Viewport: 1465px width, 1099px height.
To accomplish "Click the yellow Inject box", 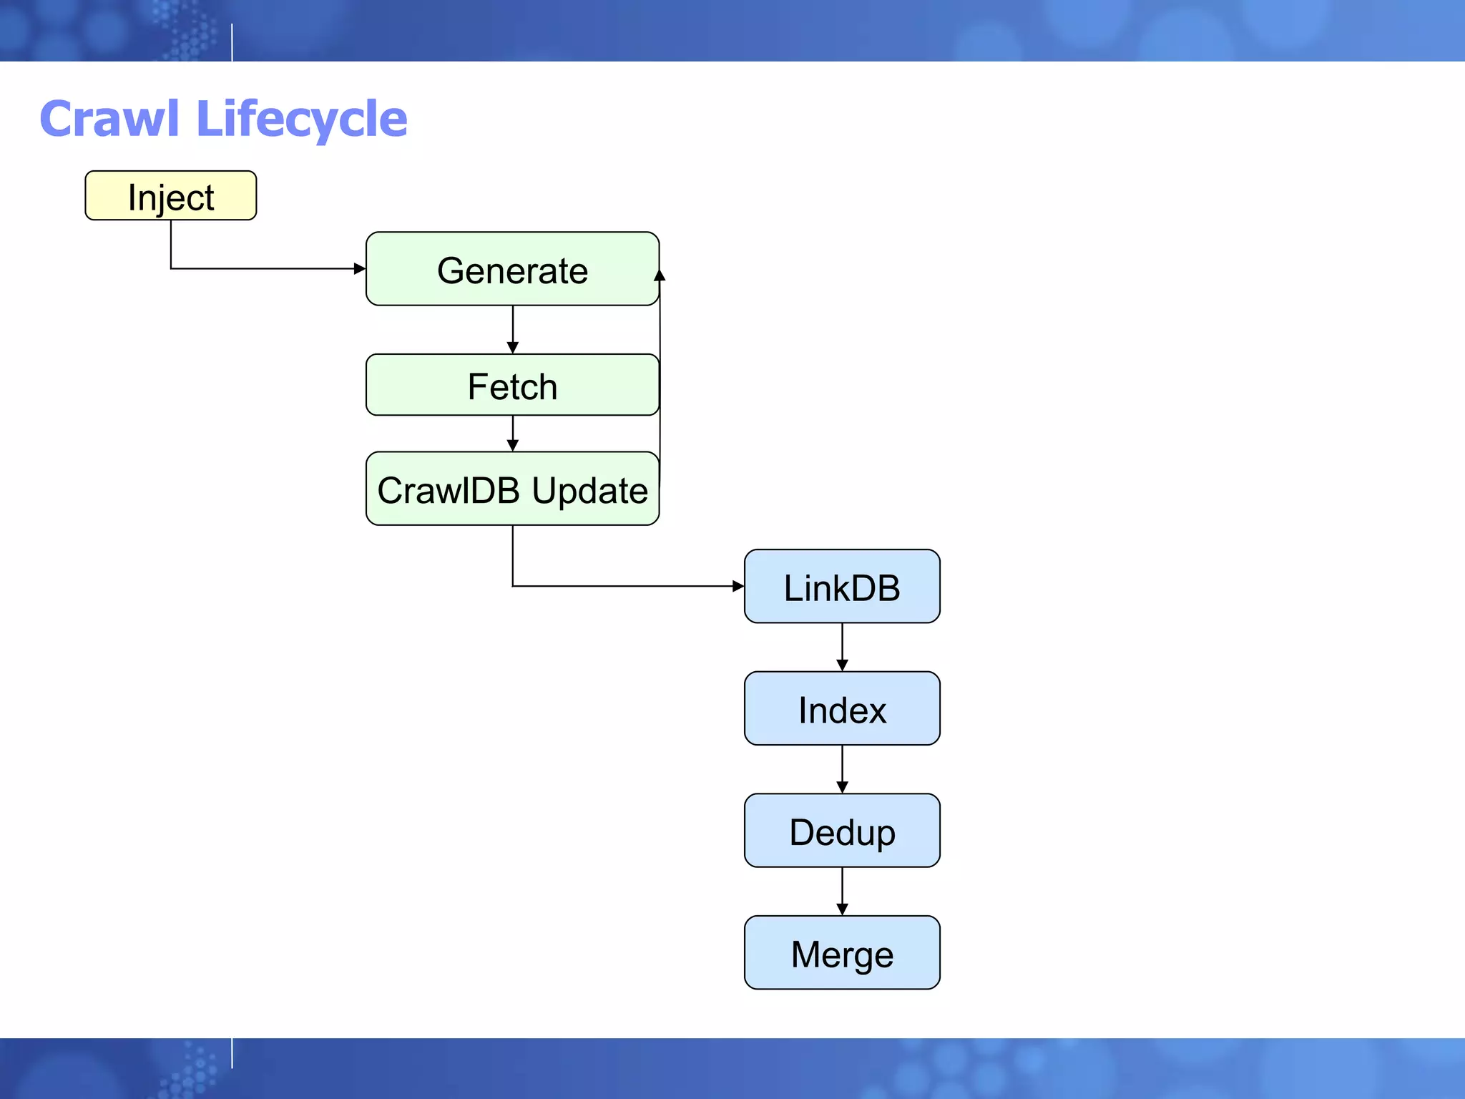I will click(170, 195).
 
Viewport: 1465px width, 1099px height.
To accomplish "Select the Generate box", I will click(512, 269).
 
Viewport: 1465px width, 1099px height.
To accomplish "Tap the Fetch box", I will click(512, 385).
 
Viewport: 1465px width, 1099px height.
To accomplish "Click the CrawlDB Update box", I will click(512, 489).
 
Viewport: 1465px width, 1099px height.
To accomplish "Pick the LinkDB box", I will click(842, 586).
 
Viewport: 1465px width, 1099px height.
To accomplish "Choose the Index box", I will click(842, 708).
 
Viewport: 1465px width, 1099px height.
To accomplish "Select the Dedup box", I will click(842, 831).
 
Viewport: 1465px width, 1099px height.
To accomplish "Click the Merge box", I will click(842, 953).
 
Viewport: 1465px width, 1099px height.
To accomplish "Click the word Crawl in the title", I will click(109, 119).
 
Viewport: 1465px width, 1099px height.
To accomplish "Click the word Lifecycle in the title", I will click(301, 120).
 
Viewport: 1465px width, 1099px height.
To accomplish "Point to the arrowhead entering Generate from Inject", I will click(360, 269).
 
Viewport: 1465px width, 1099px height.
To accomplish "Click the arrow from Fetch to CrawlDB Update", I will click(512, 434).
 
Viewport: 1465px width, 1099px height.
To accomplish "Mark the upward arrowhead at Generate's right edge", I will click(660, 275).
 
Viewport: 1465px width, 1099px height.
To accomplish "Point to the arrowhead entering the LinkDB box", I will click(738, 586).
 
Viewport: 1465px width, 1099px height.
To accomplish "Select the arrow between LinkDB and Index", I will click(842, 648).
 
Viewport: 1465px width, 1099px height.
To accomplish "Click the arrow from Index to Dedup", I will click(842, 770).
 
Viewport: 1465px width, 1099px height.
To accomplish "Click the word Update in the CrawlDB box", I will click(589, 492).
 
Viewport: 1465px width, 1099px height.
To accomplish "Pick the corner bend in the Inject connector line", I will click(171, 269).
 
